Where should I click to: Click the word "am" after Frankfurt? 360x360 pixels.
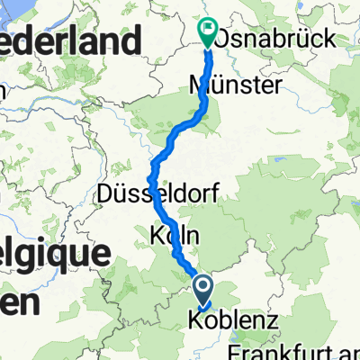347,348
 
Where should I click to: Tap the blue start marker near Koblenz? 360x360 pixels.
202,289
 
